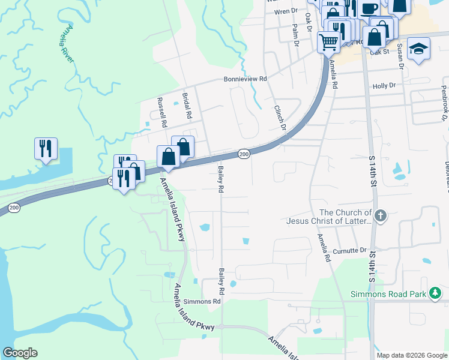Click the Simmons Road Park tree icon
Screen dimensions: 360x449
click(435, 293)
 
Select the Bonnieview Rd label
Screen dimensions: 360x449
click(245, 79)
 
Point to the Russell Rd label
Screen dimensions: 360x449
click(161, 112)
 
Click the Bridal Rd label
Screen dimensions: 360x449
click(187, 105)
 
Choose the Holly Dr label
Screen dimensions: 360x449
click(384, 86)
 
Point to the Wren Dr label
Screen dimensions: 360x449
click(286, 11)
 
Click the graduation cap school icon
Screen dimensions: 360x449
click(418, 49)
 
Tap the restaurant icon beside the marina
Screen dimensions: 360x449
click(46, 148)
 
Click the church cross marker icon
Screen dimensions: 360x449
click(379, 215)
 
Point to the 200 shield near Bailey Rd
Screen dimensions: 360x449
click(243, 154)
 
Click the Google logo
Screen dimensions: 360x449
click(20, 353)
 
